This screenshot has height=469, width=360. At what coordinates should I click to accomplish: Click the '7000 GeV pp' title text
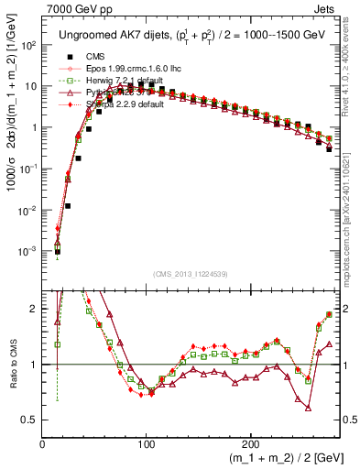[74, 7]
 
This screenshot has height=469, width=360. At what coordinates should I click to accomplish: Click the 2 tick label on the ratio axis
[34, 309]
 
